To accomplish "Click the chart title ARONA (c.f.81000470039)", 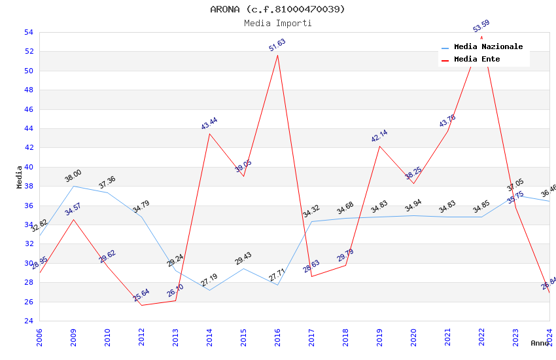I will coord(277,9).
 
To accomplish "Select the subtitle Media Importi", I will coord(277,23).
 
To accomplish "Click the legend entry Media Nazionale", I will coord(488,46).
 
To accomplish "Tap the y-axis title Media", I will coord(19,177).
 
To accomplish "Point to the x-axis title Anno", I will coord(540,343).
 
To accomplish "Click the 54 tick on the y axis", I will coord(28,32).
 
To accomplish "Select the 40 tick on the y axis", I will coord(28,167).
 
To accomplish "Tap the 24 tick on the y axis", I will coord(28,321).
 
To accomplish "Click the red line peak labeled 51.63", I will coord(277,55).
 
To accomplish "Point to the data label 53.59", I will coord(481,26).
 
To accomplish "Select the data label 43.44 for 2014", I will coord(209,124).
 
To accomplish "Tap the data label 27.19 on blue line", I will coord(209,281).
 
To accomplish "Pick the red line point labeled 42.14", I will coord(379,145).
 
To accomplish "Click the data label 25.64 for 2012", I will coord(141,295).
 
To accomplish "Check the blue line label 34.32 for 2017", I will coord(311,211).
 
